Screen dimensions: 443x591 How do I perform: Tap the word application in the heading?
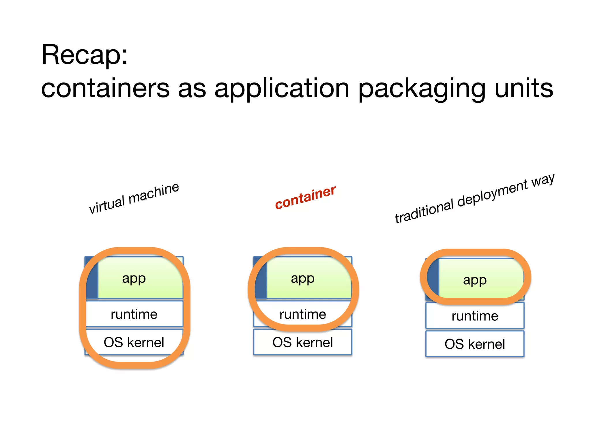click(x=282, y=89)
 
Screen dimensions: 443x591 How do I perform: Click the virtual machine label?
click(x=134, y=198)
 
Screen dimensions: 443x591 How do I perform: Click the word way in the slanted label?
click(x=543, y=180)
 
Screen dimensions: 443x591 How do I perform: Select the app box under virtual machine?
click(x=140, y=278)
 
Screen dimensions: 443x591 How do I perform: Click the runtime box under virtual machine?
click(x=134, y=314)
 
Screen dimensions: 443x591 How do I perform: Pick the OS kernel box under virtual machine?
click(x=134, y=342)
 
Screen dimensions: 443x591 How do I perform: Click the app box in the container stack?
click(x=309, y=278)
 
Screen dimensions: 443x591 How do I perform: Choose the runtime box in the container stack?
click(x=303, y=314)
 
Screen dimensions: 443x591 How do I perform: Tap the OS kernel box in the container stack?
click(x=303, y=342)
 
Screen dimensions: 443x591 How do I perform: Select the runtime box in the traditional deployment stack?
click(x=475, y=316)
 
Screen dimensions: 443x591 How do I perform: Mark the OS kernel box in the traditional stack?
click(x=475, y=344)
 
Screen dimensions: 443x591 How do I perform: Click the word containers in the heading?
click(x=105, y=89)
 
